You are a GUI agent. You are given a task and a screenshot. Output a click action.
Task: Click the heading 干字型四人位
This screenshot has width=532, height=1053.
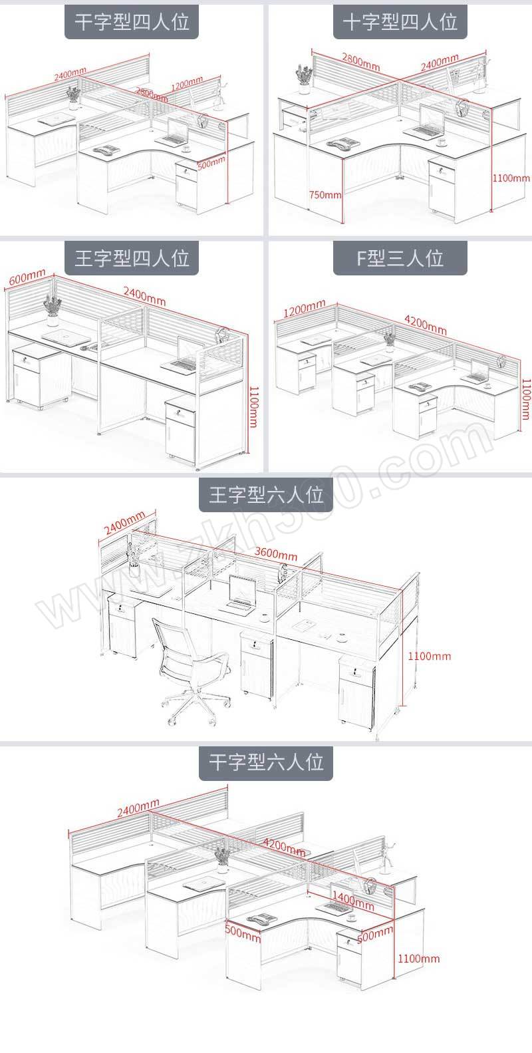tap(132, 21)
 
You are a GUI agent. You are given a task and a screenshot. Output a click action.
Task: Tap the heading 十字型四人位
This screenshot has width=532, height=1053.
tap(400, 21)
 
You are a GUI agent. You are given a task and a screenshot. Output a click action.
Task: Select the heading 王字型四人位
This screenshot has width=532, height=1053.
tap(132, 257)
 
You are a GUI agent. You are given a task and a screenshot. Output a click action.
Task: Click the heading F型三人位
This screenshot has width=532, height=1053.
tap(400, 257)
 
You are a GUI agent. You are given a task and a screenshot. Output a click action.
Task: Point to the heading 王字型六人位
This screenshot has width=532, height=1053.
tap(266, 495)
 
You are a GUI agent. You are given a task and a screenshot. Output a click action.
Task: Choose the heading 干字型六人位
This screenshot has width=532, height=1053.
tap(266, 761)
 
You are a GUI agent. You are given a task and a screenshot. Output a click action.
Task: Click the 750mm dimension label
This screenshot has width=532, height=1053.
tap(325, 196)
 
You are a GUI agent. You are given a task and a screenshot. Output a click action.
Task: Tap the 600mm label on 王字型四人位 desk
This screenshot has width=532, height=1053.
tap(27, 279)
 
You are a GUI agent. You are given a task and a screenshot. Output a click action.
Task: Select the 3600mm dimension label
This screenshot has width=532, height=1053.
tap(276, 554)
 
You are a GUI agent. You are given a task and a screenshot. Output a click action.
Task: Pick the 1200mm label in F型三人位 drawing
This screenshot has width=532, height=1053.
tap(304, 311)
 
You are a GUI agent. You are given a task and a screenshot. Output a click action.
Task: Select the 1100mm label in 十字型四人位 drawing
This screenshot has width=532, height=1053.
tap(511, 178)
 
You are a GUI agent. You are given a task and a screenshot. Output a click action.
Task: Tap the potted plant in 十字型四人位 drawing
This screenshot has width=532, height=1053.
tap(304, 74)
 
